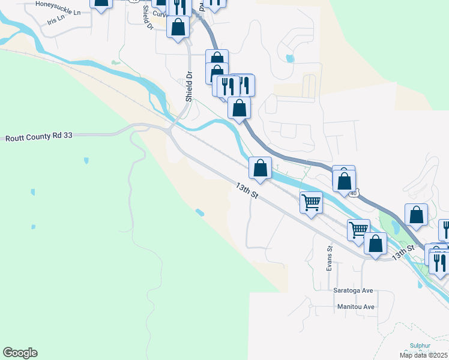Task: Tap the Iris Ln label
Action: coord(63,20)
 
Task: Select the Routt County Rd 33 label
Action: coord(39,137)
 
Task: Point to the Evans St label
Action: coord(330,257)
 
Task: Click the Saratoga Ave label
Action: coord(354,290)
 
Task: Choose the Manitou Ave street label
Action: coord(354,307)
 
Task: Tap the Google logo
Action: coord(20,353)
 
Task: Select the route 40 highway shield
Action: coord(354,193)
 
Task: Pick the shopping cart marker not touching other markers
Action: coord(311,202)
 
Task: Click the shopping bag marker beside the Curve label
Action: coord(178,27)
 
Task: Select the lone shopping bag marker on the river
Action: coord(261,169)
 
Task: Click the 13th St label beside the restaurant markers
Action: coord(403,252)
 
